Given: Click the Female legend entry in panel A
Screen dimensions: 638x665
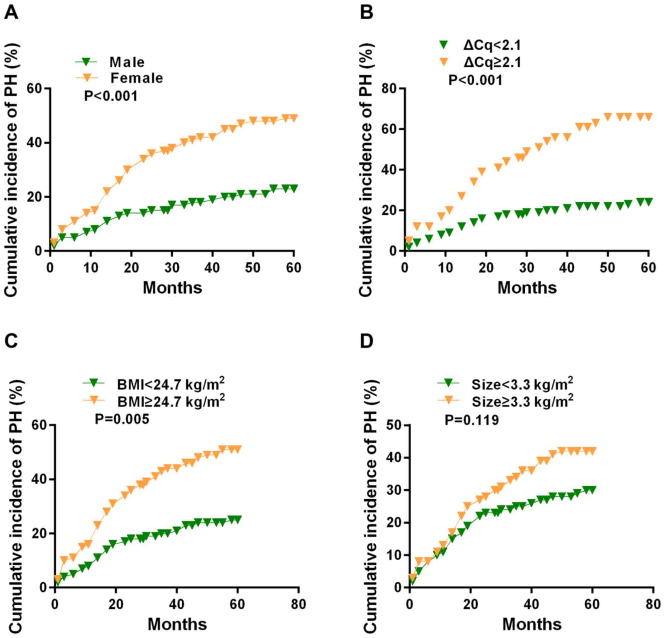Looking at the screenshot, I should [136, 78].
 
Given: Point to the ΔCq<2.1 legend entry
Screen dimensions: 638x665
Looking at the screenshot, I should [492, 45].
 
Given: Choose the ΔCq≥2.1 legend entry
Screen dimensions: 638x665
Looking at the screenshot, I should [492, 62].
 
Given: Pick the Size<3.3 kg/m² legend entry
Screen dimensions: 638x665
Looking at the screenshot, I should [522, 384].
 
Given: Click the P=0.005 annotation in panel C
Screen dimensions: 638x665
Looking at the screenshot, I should [122, 419].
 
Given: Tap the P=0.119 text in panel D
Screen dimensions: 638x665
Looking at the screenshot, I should [471, 420].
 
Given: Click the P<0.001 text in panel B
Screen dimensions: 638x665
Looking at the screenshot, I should [475, 80].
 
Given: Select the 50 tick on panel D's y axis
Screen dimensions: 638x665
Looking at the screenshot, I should [394, 425].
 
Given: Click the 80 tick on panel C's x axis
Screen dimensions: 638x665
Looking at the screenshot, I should [298, 604].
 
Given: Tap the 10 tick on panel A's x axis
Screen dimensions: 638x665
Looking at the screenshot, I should [91, 268].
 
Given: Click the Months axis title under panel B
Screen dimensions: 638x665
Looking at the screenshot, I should [527, 288].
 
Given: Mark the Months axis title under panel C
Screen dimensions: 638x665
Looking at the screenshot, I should [177, 624].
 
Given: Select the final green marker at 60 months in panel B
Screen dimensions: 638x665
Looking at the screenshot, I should [648, 202].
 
